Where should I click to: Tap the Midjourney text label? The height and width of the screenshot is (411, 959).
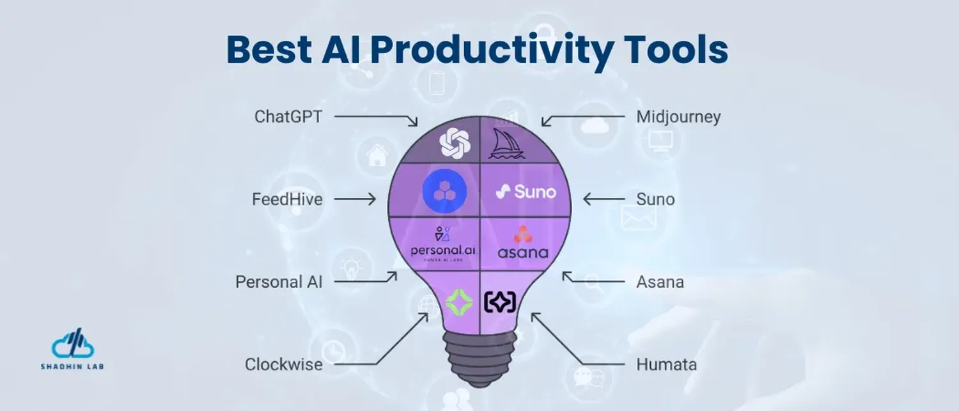[678, 117]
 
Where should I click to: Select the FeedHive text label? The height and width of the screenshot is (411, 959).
[287, 199]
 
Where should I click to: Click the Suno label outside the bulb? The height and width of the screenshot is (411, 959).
[655, 199]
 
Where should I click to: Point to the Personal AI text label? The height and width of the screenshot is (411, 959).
[279, 282]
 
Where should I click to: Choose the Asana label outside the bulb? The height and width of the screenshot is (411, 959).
[660, 282]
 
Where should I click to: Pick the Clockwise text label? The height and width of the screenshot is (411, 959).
[283, 365]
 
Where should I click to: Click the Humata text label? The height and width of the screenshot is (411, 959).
[666, 365]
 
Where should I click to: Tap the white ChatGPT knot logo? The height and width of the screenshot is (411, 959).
[455, 143]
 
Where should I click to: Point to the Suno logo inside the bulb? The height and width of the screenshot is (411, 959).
[526, 191]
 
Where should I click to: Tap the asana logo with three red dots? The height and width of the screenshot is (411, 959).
[523, 242]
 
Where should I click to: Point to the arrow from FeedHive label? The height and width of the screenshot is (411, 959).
[355, 200]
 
